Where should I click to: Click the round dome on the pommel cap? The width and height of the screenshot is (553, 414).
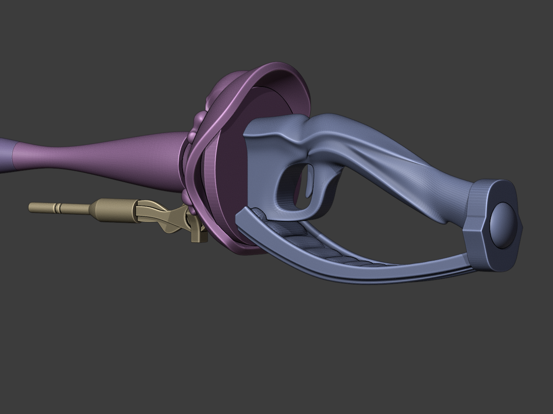click(x=502, y=224)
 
